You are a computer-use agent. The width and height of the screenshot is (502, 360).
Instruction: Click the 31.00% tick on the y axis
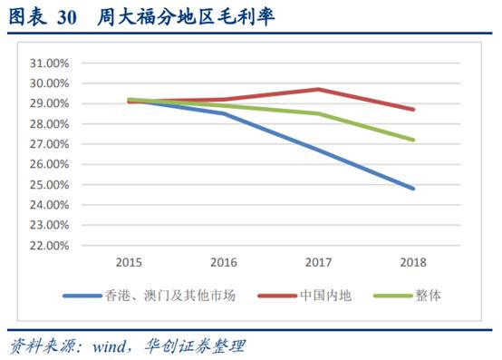point(48,63)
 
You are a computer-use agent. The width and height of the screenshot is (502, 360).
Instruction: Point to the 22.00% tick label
point(48,245)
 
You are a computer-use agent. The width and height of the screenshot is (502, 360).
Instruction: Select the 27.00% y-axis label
point(48,144)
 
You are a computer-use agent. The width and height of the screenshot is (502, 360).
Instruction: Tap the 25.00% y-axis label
point(48,184)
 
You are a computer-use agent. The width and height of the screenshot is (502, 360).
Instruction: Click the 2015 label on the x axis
point(130,262)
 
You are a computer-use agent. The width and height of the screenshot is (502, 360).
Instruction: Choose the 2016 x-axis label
point(224,262)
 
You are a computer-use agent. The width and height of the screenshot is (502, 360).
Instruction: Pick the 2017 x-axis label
point(318,262)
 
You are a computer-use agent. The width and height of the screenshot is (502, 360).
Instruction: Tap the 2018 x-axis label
point(413,262)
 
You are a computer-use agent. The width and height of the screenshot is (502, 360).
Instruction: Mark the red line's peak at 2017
point(319,89)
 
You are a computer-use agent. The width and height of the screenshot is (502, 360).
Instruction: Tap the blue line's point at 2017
point(319,150)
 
